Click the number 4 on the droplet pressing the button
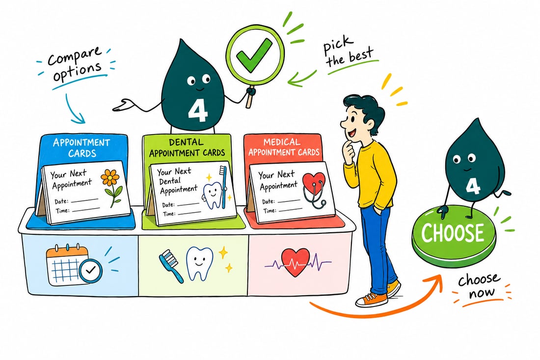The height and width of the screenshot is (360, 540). [473, 186]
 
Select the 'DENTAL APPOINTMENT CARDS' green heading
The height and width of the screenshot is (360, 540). [187, 147]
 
